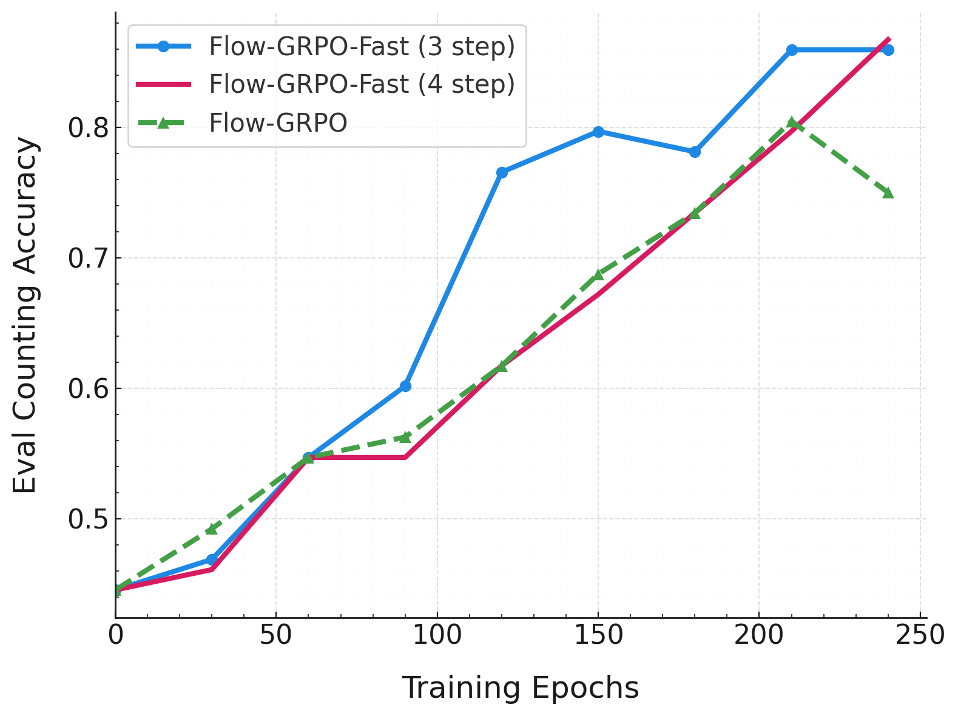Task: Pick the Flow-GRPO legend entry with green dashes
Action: (x=278, y=123)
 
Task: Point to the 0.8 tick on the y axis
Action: (x=86, y=128)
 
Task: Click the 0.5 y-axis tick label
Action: (x=86, y=519)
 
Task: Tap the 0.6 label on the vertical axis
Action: (x=86, y=389)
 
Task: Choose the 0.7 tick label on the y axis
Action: (x=86, y=258)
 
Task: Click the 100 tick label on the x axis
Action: (x=437, y=635)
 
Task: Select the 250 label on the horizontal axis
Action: (x=920, y=635)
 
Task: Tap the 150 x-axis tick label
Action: (x=598, y=635)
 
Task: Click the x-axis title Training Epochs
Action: (x=521, y=687)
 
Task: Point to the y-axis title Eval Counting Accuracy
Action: (x=25, y=315)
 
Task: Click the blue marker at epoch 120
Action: (x=502, y=173)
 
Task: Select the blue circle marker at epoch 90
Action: (x=405, y=386)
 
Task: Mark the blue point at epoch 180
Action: (x=695, y=152)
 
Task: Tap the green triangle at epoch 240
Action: (x=888, y=193)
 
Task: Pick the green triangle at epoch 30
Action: (x=212, y=529)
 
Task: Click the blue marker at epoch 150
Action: (x=598, y=132)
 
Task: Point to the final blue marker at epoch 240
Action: (x=888, y=50)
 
